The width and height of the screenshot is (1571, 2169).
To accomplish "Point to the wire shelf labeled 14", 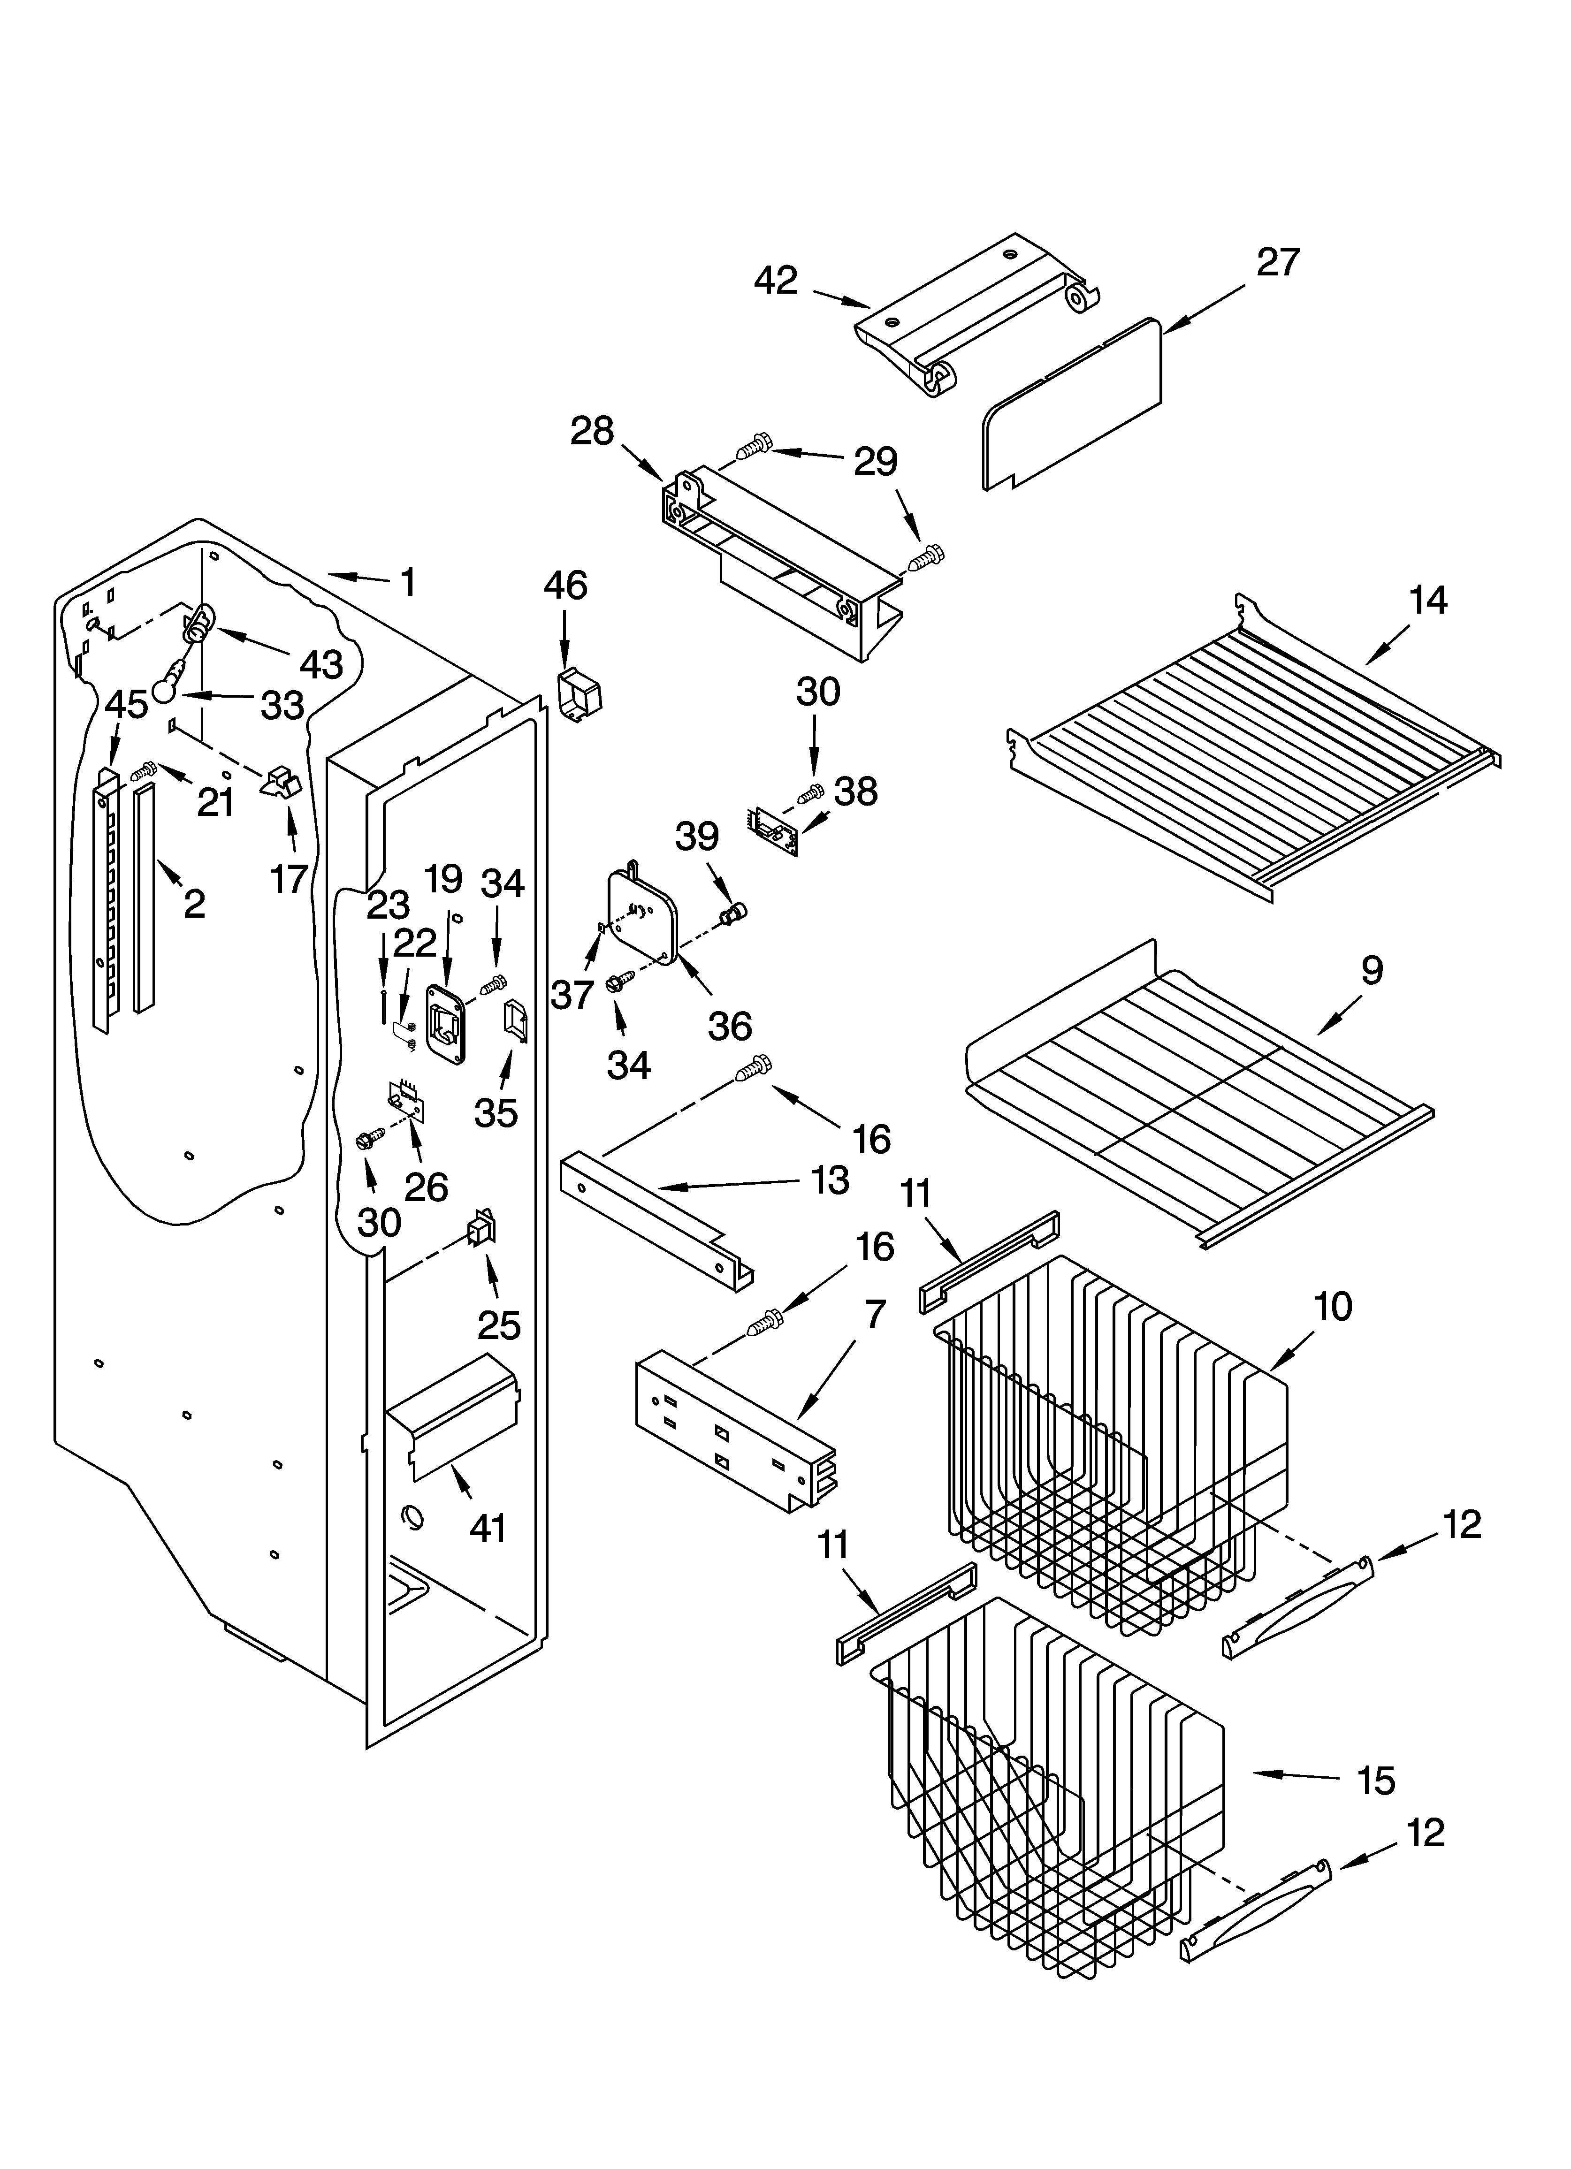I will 1253,755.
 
